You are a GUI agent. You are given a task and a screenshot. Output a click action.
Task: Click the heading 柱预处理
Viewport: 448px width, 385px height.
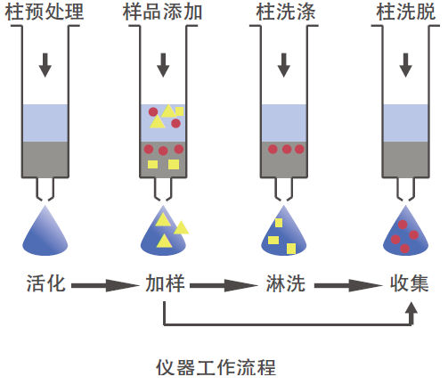click(x=45, y=12)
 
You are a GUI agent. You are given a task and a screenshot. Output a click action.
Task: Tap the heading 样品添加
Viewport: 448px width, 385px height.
click(x=162, y=12)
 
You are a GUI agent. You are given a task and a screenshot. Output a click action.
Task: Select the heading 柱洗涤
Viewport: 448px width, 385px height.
click(x=286, y=12)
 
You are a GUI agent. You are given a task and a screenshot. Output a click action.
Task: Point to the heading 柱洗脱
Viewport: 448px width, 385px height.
click(x=405, y=12)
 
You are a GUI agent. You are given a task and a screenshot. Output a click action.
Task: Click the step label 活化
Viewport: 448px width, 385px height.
click(x=45, y=283)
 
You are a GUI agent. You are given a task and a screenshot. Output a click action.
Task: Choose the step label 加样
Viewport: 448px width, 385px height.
click(x=165, y=283)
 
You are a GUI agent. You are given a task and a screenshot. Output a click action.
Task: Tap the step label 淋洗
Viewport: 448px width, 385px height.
click(x=286, y=283)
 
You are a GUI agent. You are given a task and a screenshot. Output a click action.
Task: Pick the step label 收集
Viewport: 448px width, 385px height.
click(x=410, y=283)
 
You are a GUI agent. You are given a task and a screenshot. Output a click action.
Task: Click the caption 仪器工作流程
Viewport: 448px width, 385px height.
click(x=216, y=368)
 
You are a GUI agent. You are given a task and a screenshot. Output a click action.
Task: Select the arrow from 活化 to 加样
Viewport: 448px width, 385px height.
click(x=105, y=285)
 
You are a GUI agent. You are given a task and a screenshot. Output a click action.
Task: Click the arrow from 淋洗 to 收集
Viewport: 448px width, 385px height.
click(x=348, y=285)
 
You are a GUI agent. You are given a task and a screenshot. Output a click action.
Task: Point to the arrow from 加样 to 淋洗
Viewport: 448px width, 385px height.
click(x=224, y=285)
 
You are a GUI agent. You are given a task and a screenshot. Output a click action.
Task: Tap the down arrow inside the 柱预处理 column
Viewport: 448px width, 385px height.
click(x=45, y=65)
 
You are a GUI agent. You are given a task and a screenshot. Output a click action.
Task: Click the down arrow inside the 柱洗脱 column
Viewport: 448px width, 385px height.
click(x=405, y=65)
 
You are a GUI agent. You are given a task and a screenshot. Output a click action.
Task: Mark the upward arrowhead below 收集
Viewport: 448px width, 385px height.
click(x=411, y=308)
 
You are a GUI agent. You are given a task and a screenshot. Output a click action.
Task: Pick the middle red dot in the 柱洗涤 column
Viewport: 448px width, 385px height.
click(x=287, y=149)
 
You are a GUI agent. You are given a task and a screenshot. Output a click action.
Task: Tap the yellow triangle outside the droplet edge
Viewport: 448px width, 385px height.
click(x=181, y=227)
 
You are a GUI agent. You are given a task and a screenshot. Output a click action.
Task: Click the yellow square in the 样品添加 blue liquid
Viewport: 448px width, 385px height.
click(x=179, y=111)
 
